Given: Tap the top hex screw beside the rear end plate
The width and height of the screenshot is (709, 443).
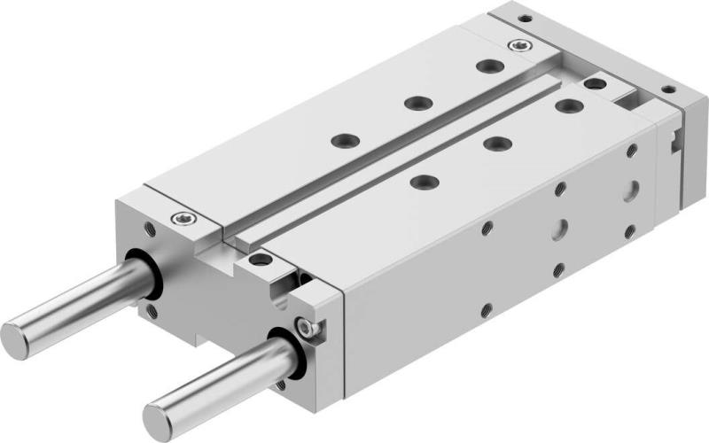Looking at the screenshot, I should point(515,44).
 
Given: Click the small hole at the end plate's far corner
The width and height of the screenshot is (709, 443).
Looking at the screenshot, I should point(525,17).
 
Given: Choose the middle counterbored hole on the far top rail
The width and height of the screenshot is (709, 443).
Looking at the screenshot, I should point(415,103).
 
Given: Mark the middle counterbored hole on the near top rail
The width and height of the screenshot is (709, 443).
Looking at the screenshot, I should point(494,142).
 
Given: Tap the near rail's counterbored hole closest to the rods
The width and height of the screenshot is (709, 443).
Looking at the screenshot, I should point(424,181).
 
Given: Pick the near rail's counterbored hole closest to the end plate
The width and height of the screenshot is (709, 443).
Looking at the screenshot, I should point(565,105).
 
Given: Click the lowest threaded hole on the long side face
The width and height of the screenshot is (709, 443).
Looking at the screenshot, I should point(487,310).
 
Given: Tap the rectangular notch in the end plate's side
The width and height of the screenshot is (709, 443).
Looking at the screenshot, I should point(677,139).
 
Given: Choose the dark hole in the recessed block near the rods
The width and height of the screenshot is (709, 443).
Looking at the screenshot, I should point(259,259).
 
